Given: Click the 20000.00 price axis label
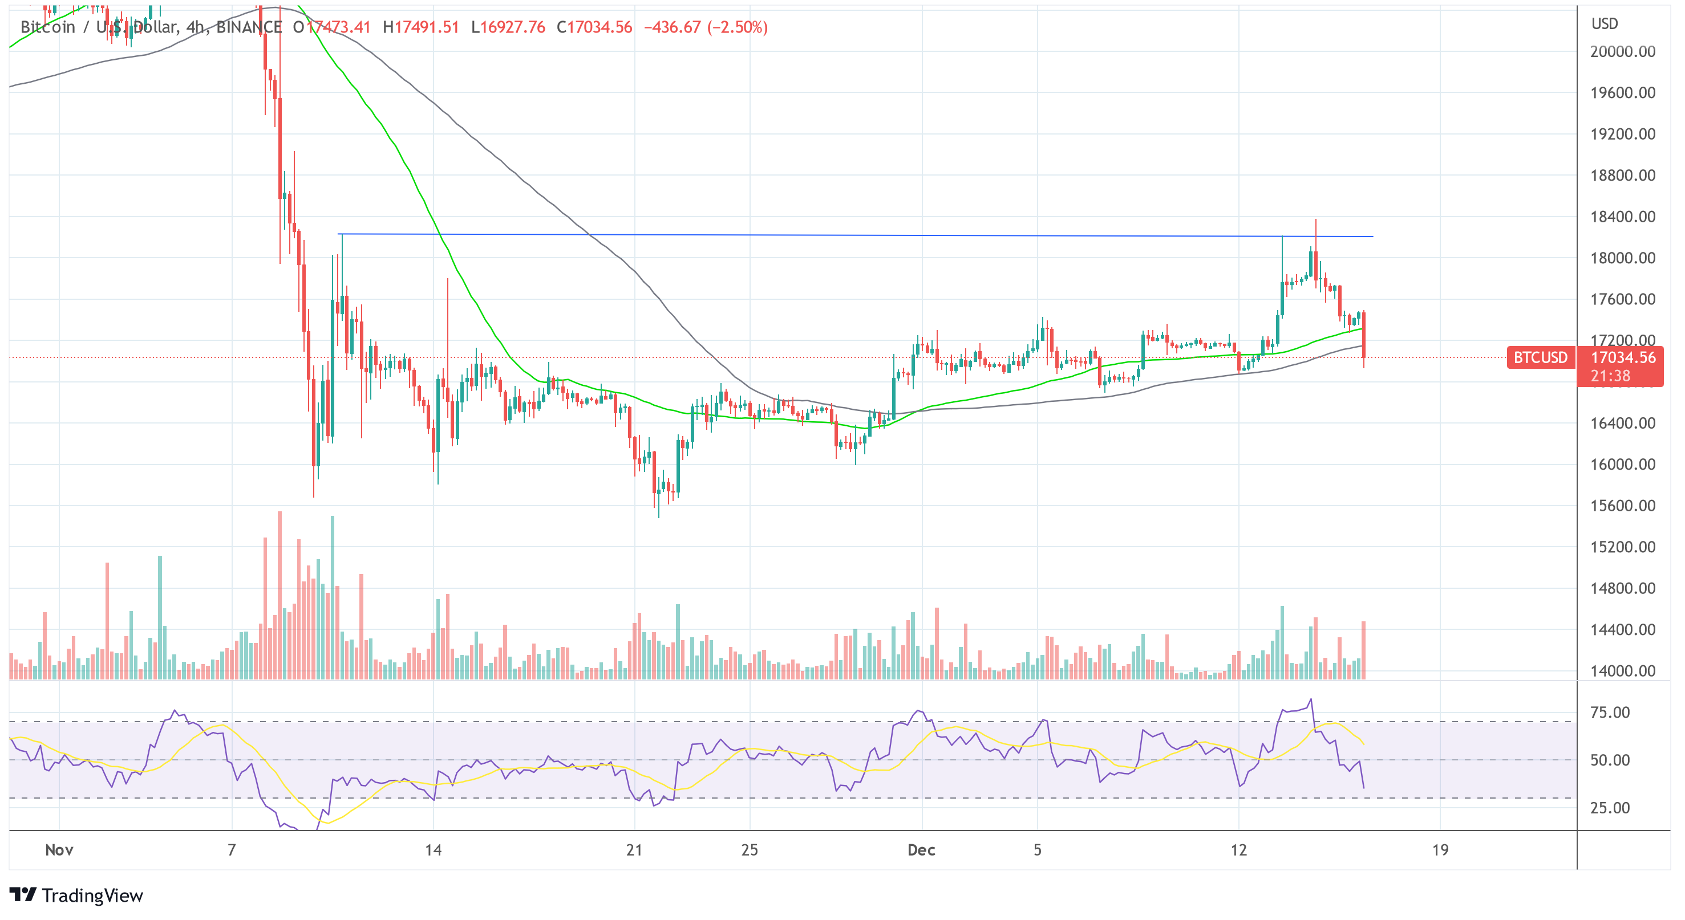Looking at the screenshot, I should pyautogui.click(x=1622, y=52).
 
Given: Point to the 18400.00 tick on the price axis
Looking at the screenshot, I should pyautogui.click(x=1622, y=217).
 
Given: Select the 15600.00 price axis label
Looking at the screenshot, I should pyautogui.click(x=1622, y=506).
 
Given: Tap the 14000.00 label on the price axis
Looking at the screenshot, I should pyautogui.click(x=1622, y=671).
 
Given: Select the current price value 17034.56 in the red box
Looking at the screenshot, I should pyautogui.click(x=1622, y=357).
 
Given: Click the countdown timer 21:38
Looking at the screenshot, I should pyautogui.click(x=1610, y=376).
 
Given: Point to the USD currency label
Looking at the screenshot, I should pyautogui.click(x=1605, y=24).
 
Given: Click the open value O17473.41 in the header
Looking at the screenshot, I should pyautogui.click(x=331, y=27).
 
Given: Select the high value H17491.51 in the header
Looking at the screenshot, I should pyautogui.click(x=420, y=27).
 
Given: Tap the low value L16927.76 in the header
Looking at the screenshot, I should pyautogui.click(x=508, y=27).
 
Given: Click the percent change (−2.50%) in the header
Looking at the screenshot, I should pyautogui.click(x=737, y=27).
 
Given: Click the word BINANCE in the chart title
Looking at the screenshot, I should pyautogui.click(x=249, y=27).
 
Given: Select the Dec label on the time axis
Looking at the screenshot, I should pyautogui.click(x=921, y=850).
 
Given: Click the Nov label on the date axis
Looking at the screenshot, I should pyautogui.click(x=59, y=850).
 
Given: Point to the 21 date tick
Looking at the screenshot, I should pyautogui.click(x=634, y=850).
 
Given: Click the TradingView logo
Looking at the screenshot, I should pyautogui.click(x=76, y=895).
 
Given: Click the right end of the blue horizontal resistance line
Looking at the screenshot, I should pyautogui.click(x=1371, y=237).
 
